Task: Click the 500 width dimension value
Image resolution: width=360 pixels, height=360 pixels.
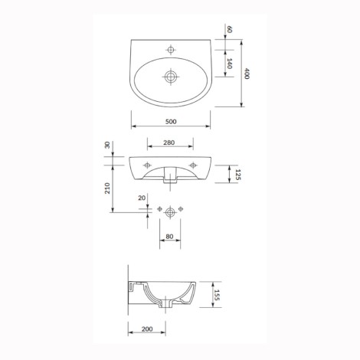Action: (171, 122)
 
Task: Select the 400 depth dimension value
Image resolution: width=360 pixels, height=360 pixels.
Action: (247, 74)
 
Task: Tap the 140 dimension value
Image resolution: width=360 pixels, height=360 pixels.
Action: (229, 64)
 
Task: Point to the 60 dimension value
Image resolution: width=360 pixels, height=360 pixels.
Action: (229, 29)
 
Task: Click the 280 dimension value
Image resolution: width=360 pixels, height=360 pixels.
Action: (169, 142)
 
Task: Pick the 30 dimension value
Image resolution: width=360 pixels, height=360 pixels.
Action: (107, 145)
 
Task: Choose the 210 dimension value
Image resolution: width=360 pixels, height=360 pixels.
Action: (107, 188)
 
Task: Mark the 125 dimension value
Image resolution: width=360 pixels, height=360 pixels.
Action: (237, 175)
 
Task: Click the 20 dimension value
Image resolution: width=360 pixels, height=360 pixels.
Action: (142, 198)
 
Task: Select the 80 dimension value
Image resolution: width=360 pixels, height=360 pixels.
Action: (169, 237)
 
